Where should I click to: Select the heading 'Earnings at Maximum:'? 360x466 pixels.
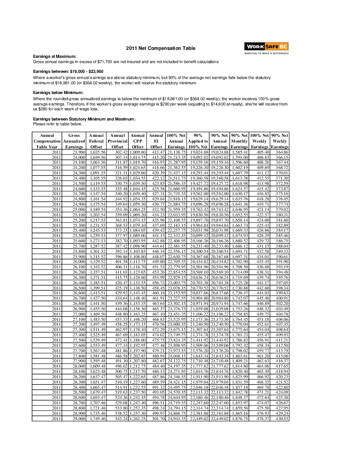click(55, 56)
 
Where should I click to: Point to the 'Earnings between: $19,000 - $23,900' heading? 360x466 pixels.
click(68, 71)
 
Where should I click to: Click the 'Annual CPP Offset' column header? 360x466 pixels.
click(138, 141)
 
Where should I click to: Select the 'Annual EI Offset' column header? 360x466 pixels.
click(156, 141)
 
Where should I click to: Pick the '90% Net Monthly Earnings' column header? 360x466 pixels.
click(240, 141)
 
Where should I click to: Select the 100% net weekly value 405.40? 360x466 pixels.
click(261, 152)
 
